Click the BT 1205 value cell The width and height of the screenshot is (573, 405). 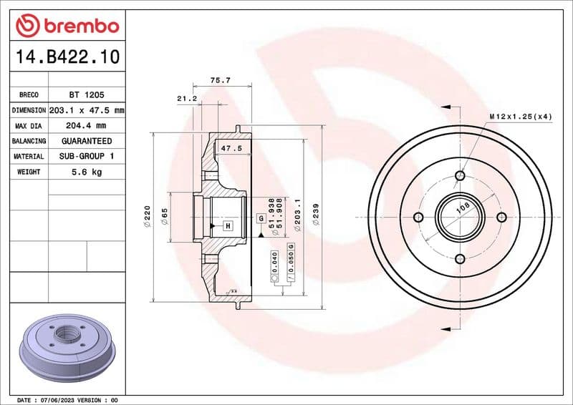[x=86, y=94]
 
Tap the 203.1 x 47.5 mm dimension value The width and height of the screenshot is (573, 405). [x=86, y=110]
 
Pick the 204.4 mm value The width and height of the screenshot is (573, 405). [x=86, y=126]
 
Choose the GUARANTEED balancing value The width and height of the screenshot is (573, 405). [x=86, y=141]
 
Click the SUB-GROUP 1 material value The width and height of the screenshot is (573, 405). [x=86, y=156]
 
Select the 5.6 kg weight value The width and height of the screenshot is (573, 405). [x=86, y=172]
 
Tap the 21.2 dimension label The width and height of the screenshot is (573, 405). [x=187, y=98]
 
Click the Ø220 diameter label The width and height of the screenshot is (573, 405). [x=147, y=216]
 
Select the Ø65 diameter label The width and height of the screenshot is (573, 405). [x=164, y=217]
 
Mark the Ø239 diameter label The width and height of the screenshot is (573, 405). [x=316, y=215]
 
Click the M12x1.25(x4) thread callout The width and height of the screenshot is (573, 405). [x=520, y=115]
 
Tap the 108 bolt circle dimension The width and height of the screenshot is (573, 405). [x=463, y=207]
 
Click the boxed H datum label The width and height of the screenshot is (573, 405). [x=228, y=226]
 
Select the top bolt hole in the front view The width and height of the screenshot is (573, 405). [x=460, y=175]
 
